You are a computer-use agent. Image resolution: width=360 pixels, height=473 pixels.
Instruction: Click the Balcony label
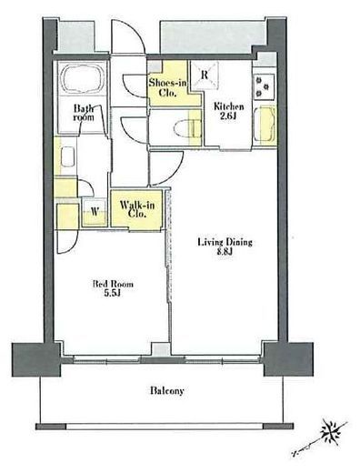point(167,390)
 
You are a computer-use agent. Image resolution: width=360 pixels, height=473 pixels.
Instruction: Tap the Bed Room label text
point(113,284)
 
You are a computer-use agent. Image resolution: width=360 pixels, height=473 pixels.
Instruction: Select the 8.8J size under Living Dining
point(225,252)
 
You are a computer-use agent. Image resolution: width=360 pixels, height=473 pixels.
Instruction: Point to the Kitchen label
point(229,106)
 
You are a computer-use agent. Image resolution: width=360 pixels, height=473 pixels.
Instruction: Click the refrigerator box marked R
point(205,75)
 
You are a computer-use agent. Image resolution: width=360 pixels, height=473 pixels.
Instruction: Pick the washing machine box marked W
point(95,211)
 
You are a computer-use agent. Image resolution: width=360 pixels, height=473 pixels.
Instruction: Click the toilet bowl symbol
point(185,128)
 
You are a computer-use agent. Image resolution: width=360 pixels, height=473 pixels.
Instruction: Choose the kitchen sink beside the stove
point(265,124)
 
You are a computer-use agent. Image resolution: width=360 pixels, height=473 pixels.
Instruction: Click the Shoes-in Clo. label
point(167,87)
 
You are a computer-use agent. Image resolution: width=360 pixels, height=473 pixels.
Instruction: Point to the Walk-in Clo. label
point(137,209)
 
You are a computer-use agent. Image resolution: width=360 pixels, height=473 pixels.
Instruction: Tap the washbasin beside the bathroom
point(67,156)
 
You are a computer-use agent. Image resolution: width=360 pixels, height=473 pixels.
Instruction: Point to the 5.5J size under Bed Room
point(113,293)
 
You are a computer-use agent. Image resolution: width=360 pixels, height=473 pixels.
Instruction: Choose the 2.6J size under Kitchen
point(228,116)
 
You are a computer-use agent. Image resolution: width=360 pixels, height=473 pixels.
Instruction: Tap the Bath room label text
point(84,113)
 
